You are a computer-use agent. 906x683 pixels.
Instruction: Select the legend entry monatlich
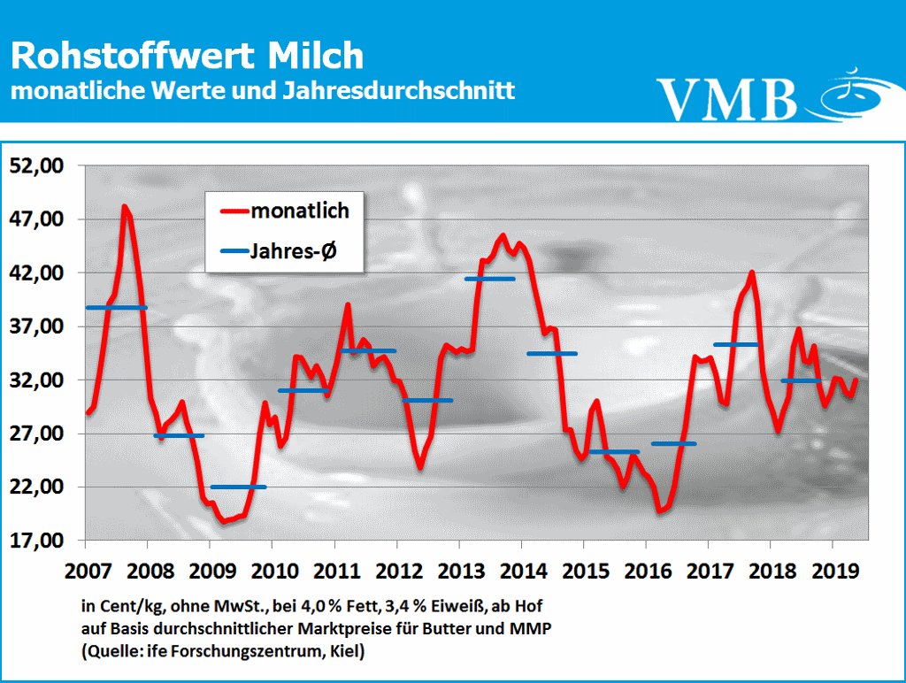pyautogui.click(x=300, y=211)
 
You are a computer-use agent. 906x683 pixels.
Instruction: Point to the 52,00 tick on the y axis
pyautogui.click(x=38, y=165)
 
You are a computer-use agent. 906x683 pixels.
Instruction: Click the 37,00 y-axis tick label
pyautogui.click(x=38, y=326)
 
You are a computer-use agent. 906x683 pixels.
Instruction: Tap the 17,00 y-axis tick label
pyautogui.click(x=38, y=541)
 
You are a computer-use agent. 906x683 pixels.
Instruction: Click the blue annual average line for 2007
pyautogui.click(x=116, y=307)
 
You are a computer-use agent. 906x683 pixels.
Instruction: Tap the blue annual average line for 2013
pyautogui.click(x=489, y=279)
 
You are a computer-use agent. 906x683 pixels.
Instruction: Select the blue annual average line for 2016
pyautogui.click(x=673, y=443)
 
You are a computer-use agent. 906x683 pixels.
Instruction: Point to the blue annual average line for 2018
pyautogui.click(x=801, y=380)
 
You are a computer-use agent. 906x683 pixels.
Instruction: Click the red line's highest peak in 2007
pyautogui.click(x=125, y=207)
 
